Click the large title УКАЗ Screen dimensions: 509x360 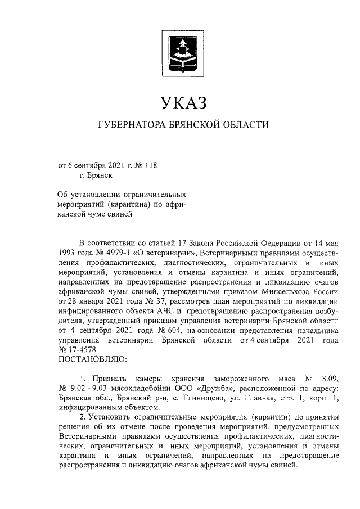pos(179,103)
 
